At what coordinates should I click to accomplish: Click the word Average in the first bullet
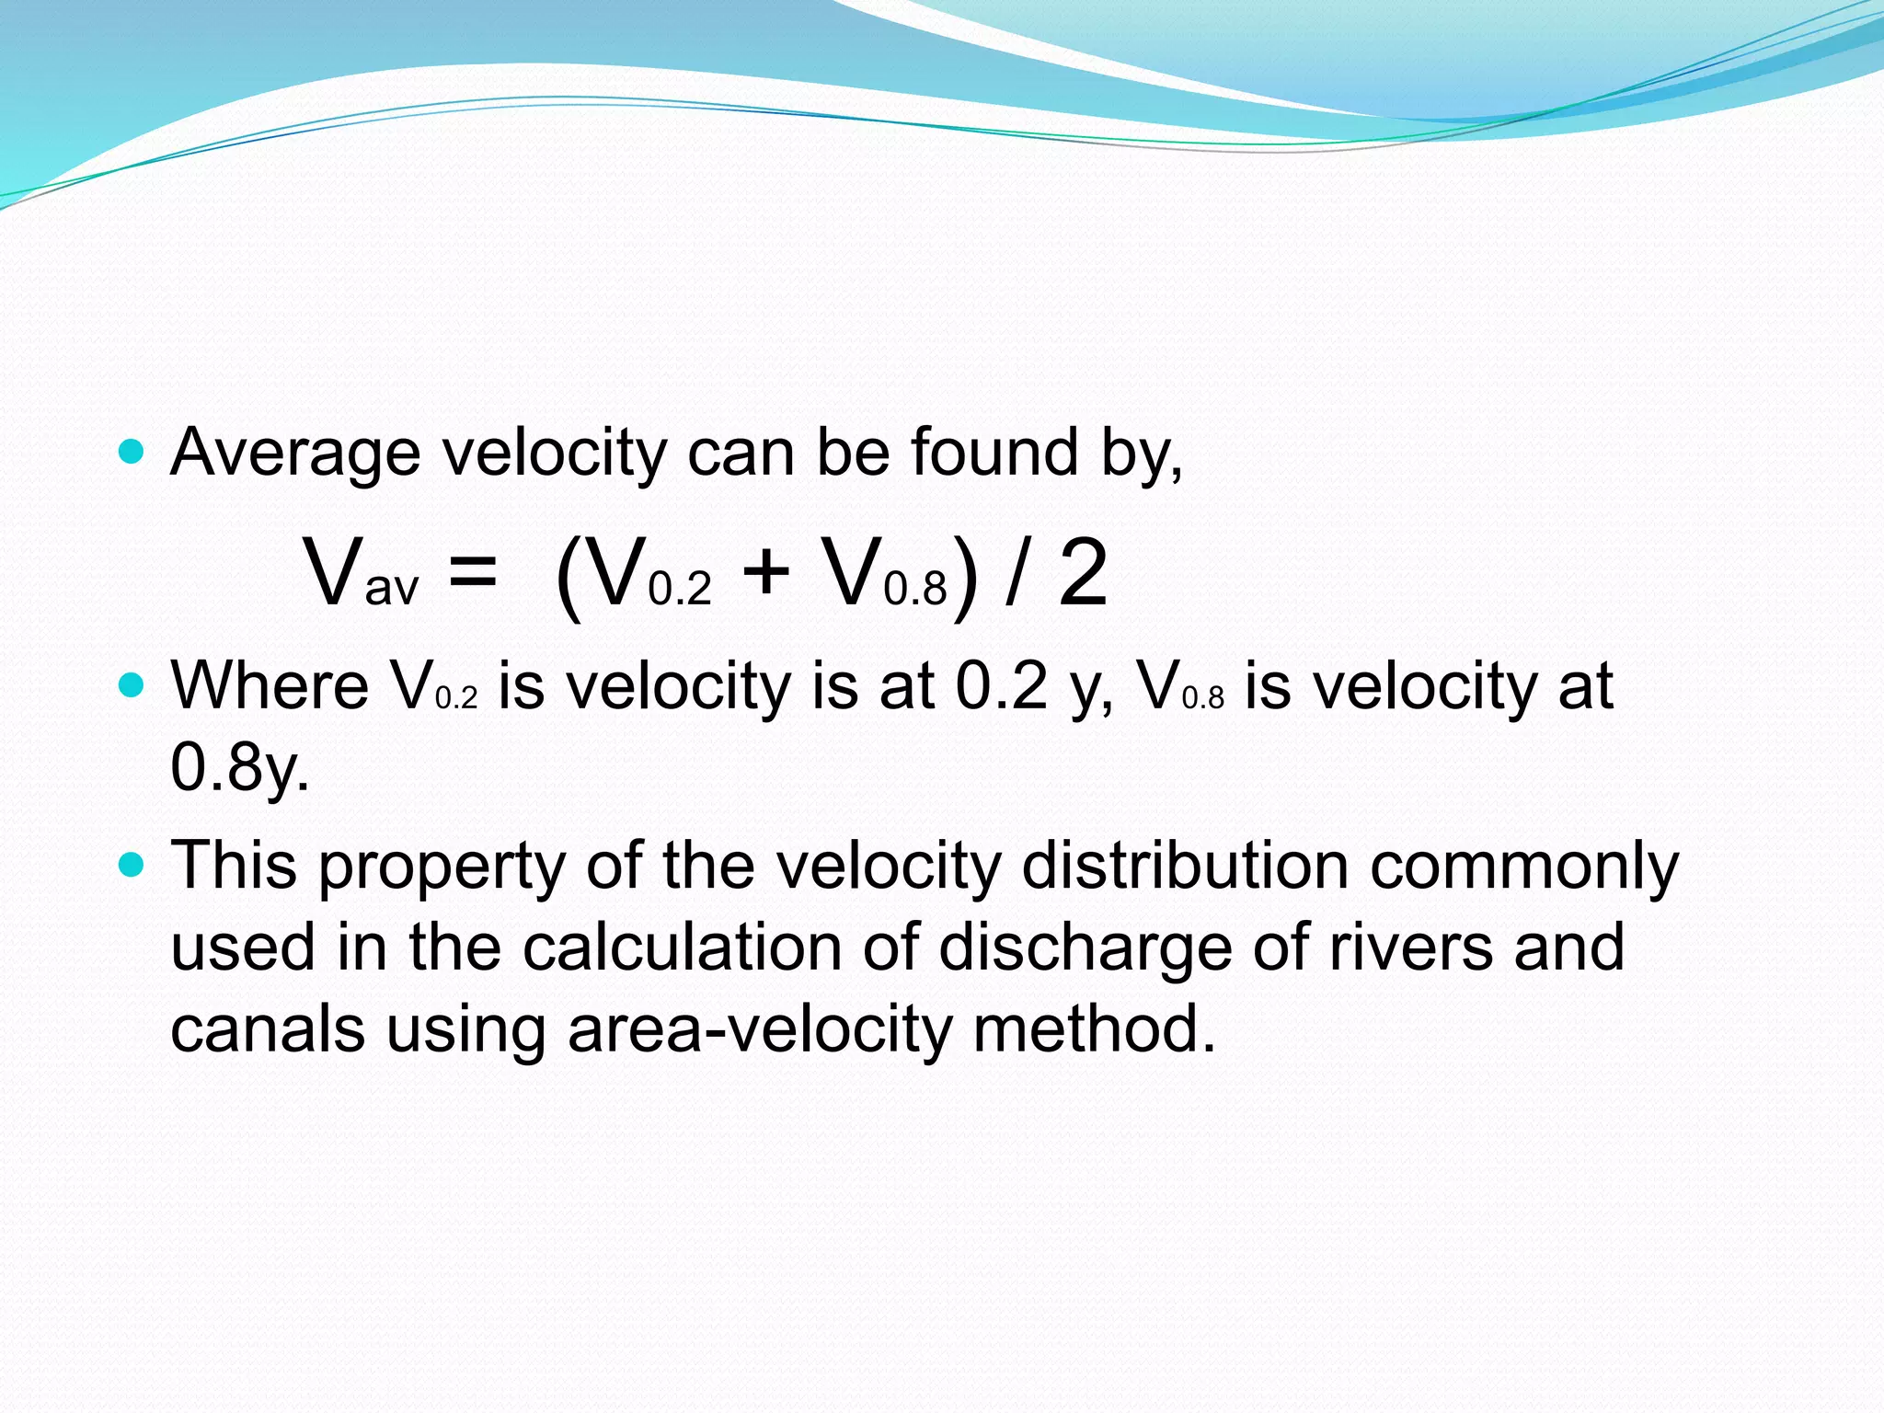point(294,454)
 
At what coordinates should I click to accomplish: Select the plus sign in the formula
point(765,572)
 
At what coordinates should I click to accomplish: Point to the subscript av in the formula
point(392,590)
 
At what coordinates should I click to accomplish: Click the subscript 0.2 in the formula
point(680,590)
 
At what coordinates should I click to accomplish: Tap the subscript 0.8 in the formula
point(915,590)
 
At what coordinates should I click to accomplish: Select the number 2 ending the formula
point(1082,573)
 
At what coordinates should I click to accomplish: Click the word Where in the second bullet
point(270,686)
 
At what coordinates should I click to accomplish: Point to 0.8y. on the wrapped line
point(240,767)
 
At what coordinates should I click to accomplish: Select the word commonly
point(1524,867)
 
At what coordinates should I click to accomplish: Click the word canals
point(268,1029)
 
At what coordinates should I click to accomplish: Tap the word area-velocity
point(760,1030)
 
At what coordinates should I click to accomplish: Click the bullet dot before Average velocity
point(132,452)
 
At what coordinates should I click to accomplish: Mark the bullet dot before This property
point(132,865)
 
